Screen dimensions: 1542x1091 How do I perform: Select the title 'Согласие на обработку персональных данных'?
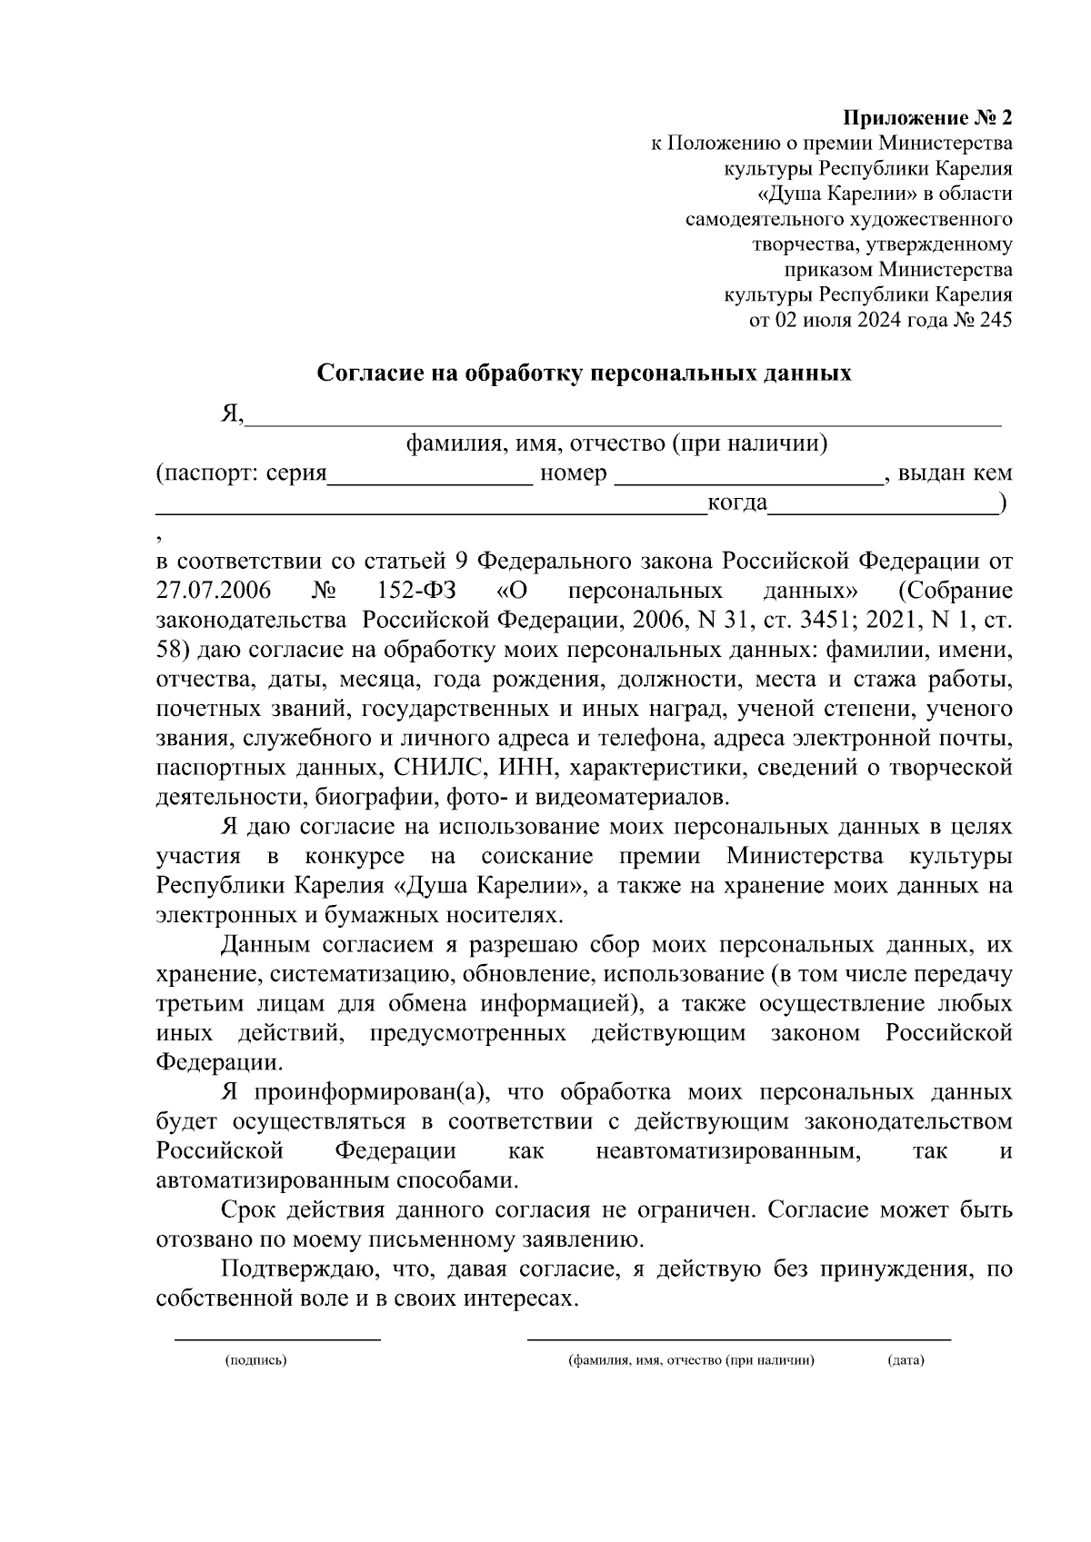point(584,373)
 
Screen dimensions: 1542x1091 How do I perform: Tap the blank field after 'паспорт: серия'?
point(430,479)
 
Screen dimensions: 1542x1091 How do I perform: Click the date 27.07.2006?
point(214,591)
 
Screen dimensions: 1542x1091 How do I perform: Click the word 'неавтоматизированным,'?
point(728,1151)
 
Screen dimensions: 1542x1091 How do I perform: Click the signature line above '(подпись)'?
point(277,1337)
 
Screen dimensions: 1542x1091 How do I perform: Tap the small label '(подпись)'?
point(256,1360)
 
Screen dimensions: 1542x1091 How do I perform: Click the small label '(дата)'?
point(906,1360)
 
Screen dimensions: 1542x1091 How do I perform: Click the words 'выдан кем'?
point(955,473)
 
